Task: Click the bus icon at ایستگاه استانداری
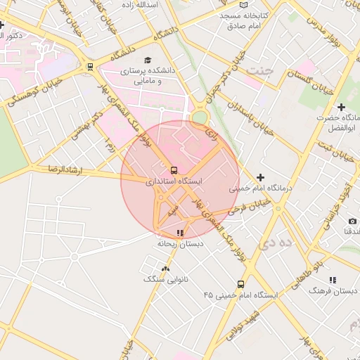click(174, 170)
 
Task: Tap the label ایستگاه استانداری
click(174, 181)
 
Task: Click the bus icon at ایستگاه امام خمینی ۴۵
click(240, 285)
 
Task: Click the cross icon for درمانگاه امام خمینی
click(261, 177)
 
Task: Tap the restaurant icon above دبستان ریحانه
click(180, 233)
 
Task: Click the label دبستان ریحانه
click(180, 243)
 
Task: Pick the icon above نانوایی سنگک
click(165, 269)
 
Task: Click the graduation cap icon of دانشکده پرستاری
click(148, 60)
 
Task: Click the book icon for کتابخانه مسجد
click(243, 5)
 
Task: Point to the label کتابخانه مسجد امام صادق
click(243, 20)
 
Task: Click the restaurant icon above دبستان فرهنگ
click(333, 280)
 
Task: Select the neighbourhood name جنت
click(261, 71)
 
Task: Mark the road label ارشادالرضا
click(62, 171)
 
